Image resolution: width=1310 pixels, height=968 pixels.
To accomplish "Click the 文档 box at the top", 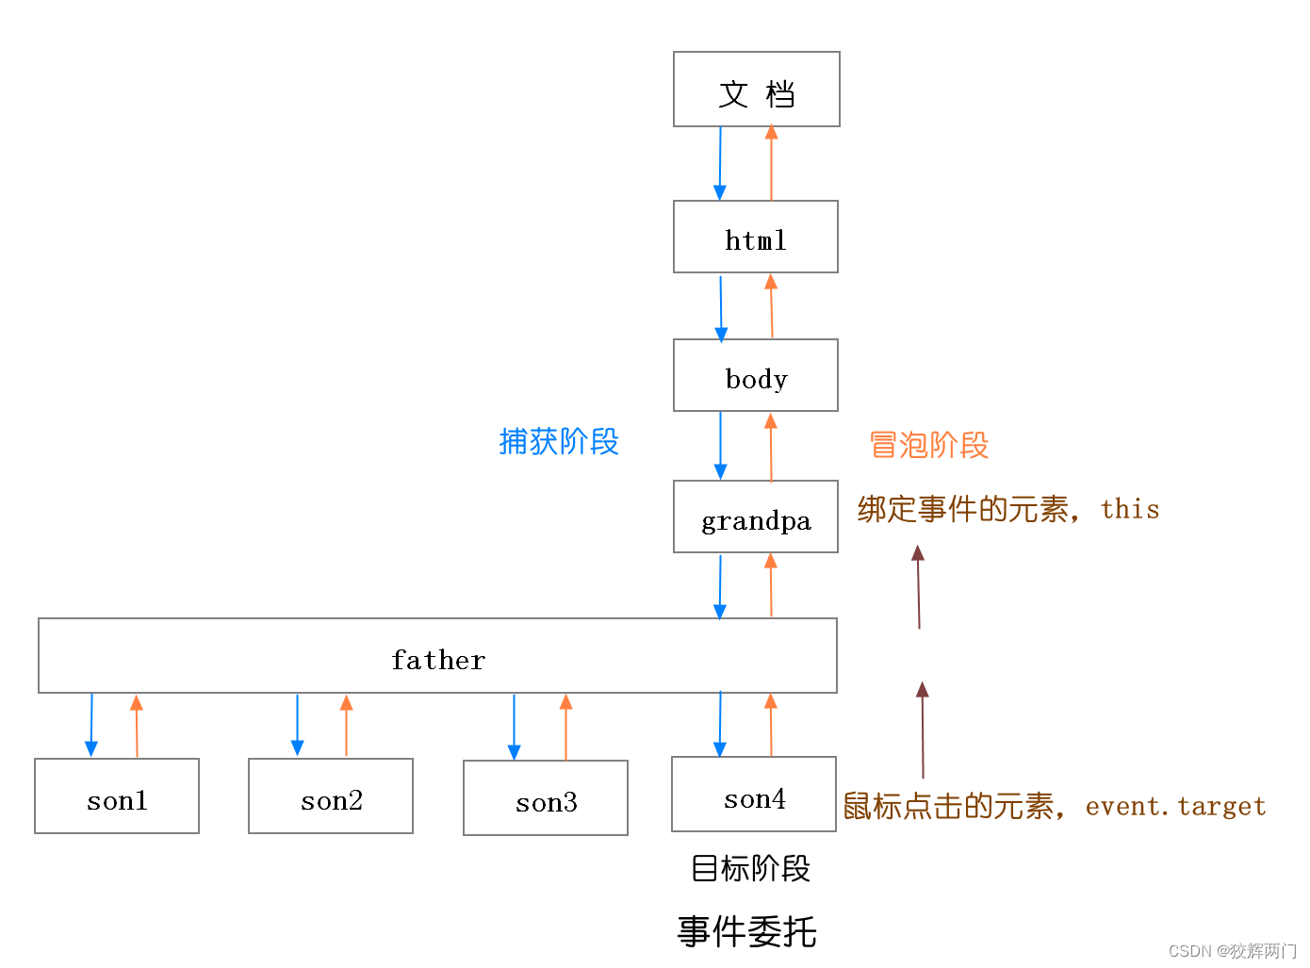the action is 756,90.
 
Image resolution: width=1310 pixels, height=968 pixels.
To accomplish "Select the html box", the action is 756,237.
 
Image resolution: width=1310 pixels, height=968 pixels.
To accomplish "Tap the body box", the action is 756,375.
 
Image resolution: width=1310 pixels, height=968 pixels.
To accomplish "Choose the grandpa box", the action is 756,516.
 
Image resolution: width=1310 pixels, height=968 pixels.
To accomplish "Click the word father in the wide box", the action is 437,660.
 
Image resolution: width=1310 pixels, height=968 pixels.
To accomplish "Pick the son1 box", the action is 117,796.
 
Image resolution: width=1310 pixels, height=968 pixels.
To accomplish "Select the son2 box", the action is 331,796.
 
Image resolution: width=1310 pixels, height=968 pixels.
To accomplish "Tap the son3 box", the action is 545,797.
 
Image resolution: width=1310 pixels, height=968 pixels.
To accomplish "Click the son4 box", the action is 754,793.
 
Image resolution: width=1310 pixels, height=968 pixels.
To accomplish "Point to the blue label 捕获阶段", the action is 559,441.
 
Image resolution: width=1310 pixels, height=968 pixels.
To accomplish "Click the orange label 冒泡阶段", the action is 928,445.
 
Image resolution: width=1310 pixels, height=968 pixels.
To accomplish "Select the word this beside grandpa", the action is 1130,509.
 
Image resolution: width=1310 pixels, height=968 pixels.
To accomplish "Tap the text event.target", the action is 1175,806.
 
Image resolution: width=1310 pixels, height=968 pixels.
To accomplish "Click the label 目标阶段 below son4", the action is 750,868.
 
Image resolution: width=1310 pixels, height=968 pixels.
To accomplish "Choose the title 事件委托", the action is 746,932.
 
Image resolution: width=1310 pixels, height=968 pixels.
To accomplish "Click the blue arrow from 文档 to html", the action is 719,163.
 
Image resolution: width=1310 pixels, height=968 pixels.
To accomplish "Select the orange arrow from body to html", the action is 771,305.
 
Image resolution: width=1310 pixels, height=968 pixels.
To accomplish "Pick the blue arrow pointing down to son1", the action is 91,725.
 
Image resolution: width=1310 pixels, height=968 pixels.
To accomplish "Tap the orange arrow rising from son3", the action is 565,727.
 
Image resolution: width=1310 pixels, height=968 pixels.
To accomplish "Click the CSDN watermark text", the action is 1232,951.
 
